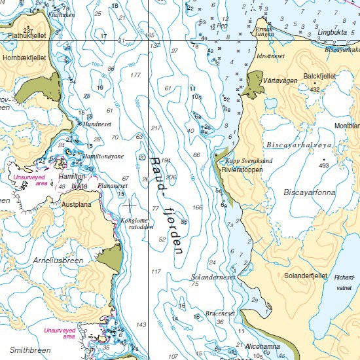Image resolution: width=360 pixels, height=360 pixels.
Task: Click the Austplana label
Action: tap(76, 204)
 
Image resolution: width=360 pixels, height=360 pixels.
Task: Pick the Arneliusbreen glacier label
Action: tap(58, 260)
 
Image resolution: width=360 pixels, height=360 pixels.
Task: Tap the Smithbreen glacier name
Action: tap(30, 350)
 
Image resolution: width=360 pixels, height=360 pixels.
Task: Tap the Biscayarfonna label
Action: tap(308, 192)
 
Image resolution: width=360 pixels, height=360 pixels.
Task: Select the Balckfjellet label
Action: tap(320, 77)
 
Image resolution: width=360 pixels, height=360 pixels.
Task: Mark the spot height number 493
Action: tap(323, 166)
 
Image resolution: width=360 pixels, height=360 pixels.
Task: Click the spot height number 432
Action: tap(315, 89)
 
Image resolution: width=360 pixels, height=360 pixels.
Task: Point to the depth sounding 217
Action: tap(156, 128)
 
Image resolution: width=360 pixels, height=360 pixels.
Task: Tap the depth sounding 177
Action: tap(135, 75)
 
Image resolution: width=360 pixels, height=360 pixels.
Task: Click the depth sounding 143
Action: tap(141, 325)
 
